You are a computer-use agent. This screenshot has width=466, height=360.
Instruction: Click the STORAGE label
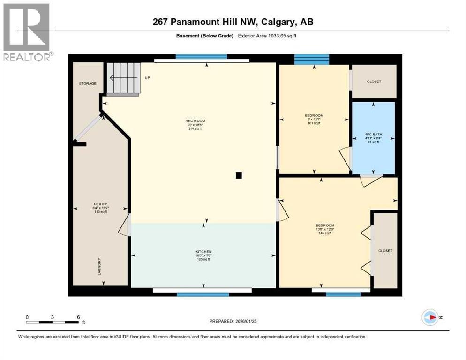(87, 83)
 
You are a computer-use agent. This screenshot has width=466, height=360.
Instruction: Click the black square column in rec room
(239, 175)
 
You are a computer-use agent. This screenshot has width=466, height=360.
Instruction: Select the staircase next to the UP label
(124, 79)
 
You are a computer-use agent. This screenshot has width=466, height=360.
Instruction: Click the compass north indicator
(429, 317)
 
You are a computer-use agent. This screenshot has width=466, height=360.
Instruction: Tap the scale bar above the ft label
(53, 322)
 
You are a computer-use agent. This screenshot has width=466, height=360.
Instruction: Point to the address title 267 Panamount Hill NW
(233, 22)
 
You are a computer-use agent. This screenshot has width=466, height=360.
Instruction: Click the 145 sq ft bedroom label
(325, 229)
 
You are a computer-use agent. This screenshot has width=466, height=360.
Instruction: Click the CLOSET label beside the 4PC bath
(374, 82)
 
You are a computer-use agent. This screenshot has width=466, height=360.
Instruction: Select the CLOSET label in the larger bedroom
(385, 251)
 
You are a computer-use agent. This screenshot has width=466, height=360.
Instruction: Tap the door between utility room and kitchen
(125, 226)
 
